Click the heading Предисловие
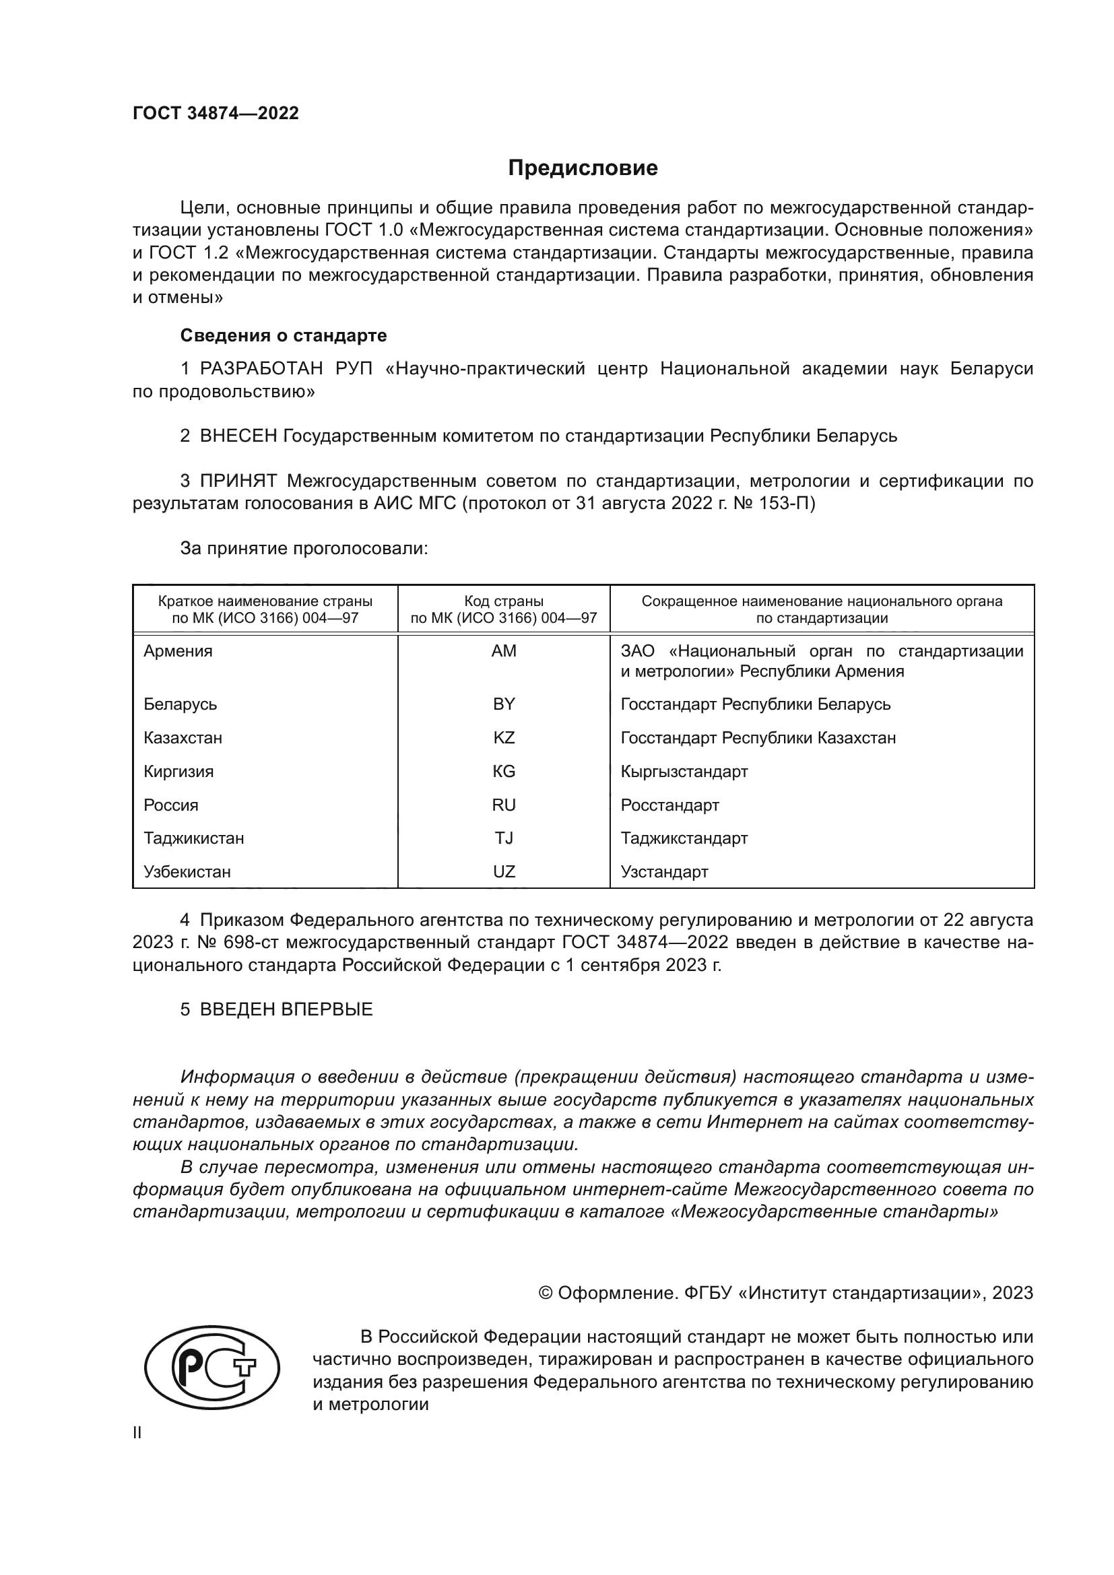(583, 168)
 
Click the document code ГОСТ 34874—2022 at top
(216, 113)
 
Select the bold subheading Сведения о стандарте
(284, 335)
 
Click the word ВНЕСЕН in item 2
(238, 436)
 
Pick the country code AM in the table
(504, 651)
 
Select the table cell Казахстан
(183, 738)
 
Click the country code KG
(504, 772)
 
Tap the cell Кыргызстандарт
(684, 772)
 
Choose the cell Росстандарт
(669, 805)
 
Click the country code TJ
(504, 838)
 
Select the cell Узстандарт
(664, 872)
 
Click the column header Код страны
(504, 601)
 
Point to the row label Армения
(178, 651)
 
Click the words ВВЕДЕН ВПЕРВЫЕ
(286, 1009)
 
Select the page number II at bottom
(137, 1433)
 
